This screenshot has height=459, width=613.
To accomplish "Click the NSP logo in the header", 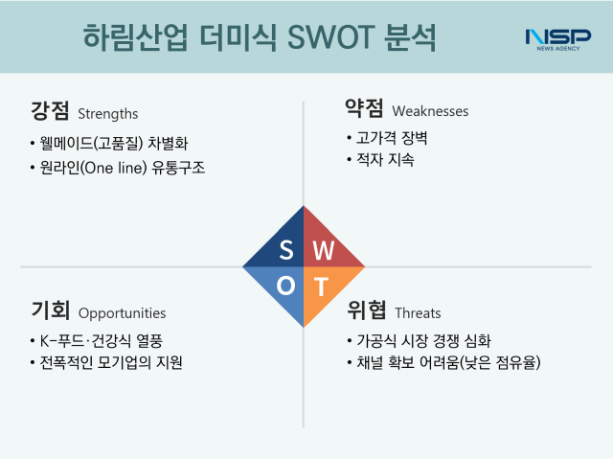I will point(557,38).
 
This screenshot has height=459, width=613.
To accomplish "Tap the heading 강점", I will point(49,111).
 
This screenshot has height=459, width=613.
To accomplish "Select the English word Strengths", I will point(108,113).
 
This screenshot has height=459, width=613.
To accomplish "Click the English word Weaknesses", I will point(430,111).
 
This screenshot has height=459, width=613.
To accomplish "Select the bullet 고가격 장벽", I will point(387,138).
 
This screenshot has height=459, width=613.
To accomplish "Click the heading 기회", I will point(49,310).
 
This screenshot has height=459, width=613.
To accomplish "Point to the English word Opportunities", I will point(122,313).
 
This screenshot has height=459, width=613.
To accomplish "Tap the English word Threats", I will point(418,312).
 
